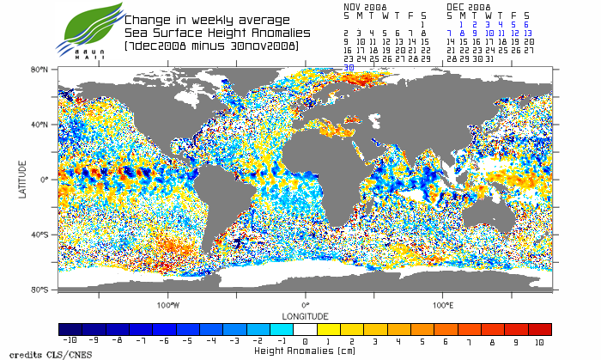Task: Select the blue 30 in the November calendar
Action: click(348, 66)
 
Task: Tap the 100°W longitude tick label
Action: click(168, 305)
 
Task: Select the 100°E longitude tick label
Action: click(443, 305)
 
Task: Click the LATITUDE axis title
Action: click(22, 179)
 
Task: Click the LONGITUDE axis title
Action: click(305, 316)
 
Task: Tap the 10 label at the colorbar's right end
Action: click(539, 341)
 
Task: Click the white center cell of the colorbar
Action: click(305, 329)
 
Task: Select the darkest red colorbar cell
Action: click(540, 329)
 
